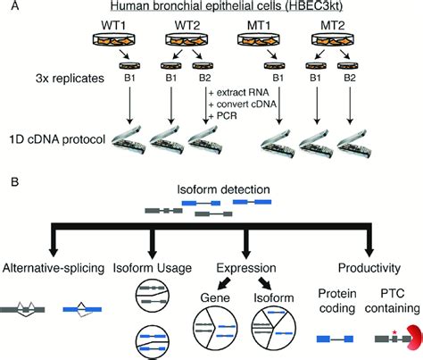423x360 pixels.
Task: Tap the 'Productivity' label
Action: pos(368,266)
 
